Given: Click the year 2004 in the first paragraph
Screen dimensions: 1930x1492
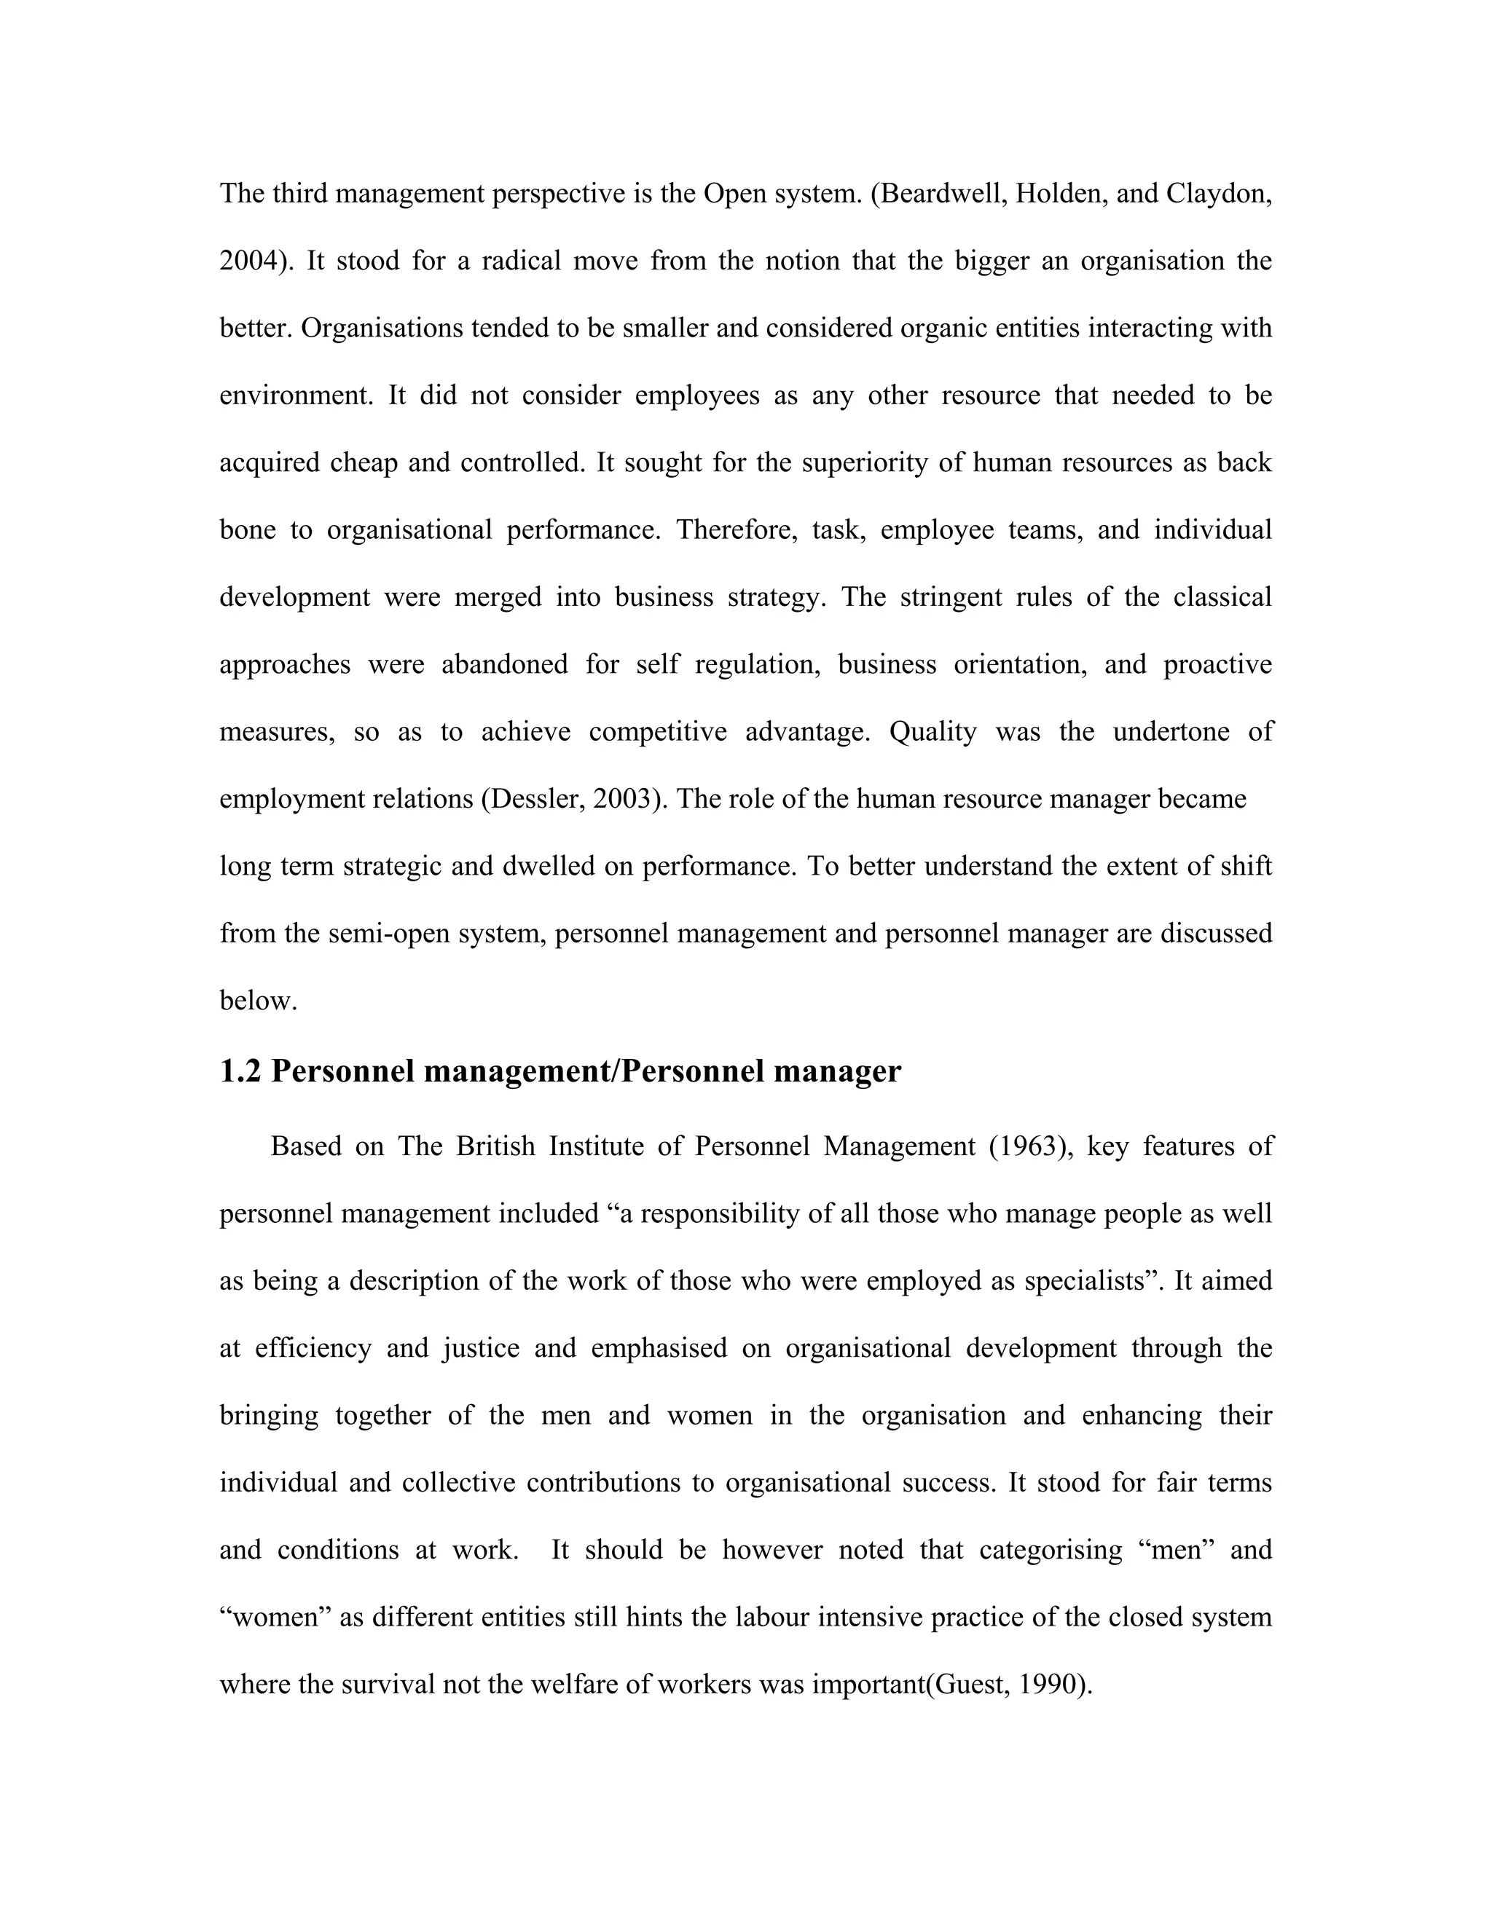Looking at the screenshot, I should [250, 261].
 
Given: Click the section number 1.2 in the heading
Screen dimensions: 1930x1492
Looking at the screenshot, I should [241, 1071].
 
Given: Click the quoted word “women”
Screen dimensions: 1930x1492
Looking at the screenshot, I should [274, 1616].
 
